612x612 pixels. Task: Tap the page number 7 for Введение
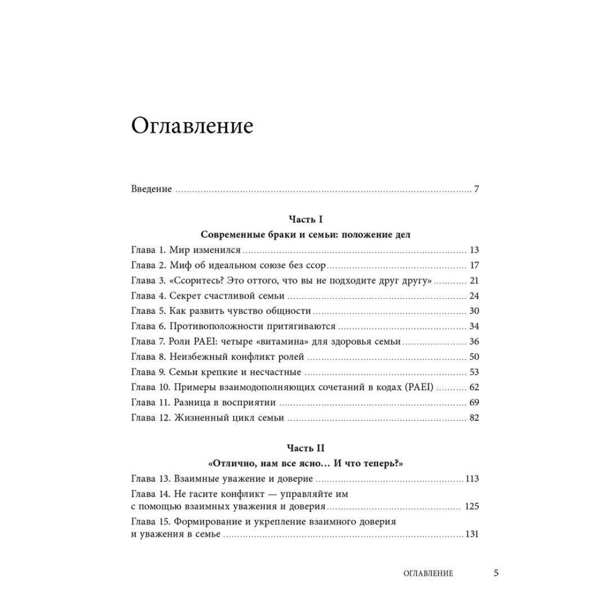(476, 188)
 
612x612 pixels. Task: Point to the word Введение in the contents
(151, 188)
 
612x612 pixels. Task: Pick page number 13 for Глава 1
(474, 250)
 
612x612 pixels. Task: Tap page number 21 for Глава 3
(474, 280)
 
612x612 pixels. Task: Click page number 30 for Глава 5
(474, 311)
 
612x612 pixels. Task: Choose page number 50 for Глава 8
(474, 357)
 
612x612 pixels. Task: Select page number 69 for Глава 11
(474, 403)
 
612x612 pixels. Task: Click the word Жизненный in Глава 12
(198, 418)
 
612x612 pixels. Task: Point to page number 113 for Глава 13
(471, 479)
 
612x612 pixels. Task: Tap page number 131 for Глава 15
(471, 534)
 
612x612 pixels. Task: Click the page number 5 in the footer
(496, 573)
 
